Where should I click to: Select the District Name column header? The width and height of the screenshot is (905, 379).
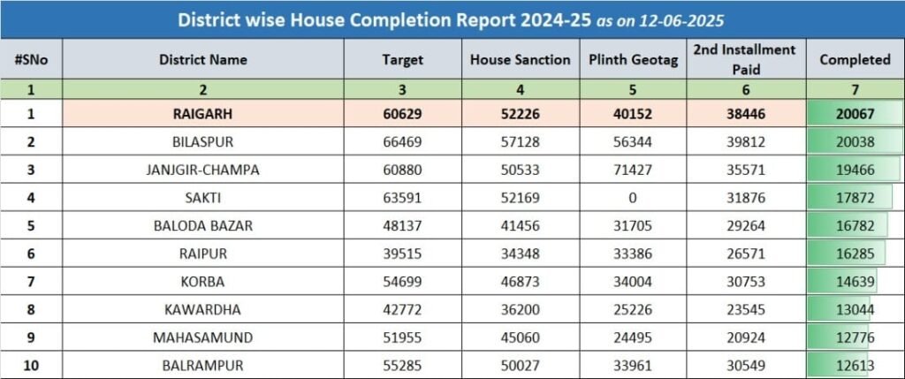(x=203, y=59)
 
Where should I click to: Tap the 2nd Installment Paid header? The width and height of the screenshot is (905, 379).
(x=744, y=59)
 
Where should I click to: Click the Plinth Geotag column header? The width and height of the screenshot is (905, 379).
(x=633, y=59)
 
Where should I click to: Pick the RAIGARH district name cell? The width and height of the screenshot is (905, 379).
(x=203, y=114)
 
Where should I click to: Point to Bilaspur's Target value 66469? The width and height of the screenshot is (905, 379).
(x=403, y=142)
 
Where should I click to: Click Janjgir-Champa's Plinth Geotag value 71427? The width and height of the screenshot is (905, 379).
(x=633, y=171)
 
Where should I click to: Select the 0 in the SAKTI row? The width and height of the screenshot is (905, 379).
(x=633, y=198)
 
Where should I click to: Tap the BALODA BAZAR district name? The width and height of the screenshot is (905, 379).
(x=203, y=225)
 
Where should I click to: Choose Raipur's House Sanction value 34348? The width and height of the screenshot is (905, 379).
(x=520, y=254)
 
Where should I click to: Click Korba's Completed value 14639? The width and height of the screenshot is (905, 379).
(x=856, y=282)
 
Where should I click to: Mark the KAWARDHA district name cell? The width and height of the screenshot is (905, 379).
(x=203, y=310)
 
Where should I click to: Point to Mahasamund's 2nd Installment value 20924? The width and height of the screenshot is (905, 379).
(x=746, y=337)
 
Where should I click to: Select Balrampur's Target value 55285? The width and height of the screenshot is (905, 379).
(x=403, y=366)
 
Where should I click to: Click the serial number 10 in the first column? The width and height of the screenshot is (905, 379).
(x=31, y=366)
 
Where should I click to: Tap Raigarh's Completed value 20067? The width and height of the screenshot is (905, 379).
(x=856, y=114)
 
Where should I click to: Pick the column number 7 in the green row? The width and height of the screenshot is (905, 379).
(x=856, y=89)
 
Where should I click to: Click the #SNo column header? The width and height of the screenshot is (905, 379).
(x=31, y=59)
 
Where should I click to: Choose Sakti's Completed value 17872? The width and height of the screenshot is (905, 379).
(x=856, y=198)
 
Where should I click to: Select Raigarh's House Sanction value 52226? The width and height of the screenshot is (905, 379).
(x=520, y=114)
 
